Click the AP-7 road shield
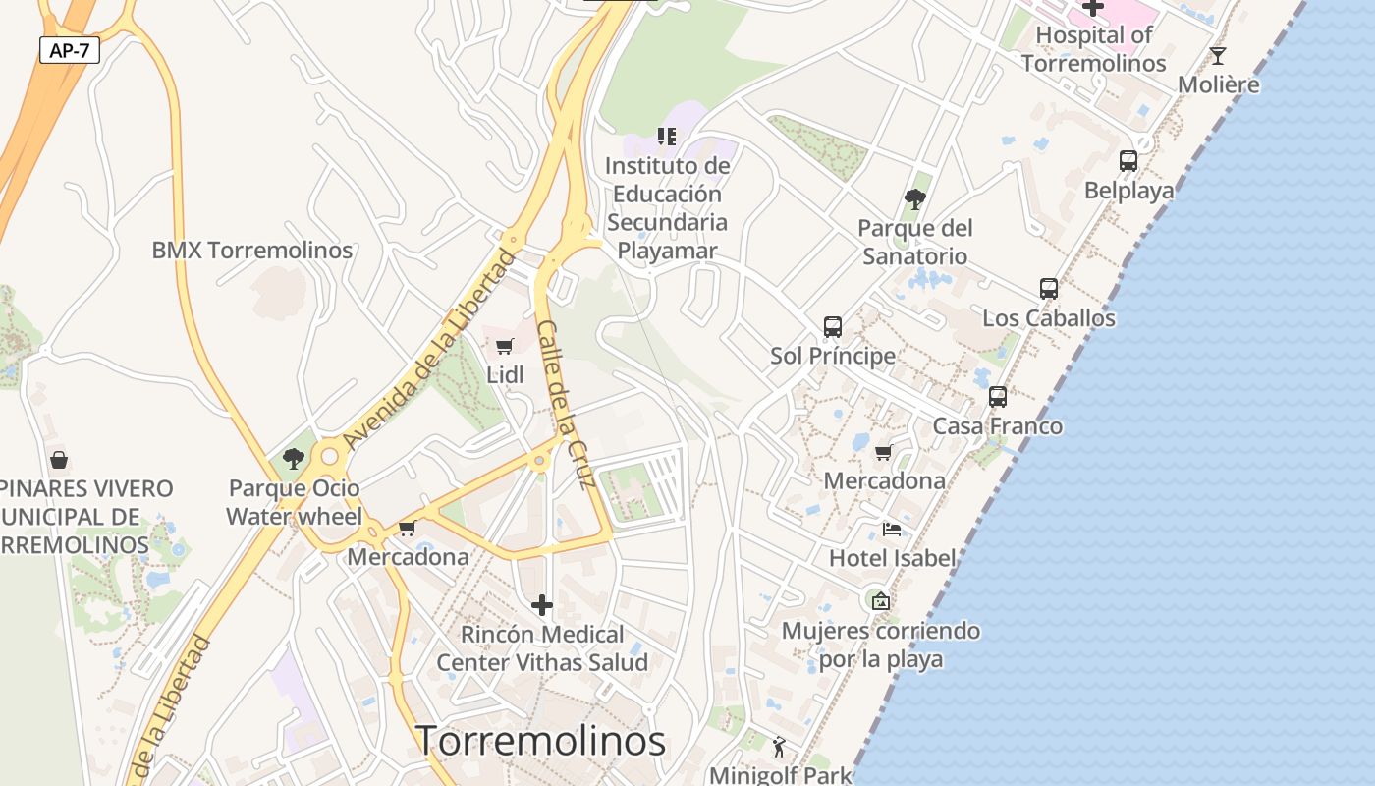point(70,50)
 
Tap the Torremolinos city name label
point(541,740)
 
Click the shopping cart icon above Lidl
point(505,346)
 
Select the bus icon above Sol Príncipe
point(833,327)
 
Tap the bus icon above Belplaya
point(1128,160)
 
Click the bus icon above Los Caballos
point(1049,289)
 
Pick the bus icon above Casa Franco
point(998,397)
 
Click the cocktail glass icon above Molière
point(1218,55)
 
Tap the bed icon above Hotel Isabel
point(892,530)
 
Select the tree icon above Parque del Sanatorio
point(914,199)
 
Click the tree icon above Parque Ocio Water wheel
point(293,458)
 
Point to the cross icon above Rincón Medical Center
point(541,605)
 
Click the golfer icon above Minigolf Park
point(780,748)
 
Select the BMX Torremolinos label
point(251,250)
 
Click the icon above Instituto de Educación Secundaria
point(667,137)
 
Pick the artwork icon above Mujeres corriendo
point(881,601)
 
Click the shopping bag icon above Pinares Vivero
point(59,459)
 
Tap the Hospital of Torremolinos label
point(1093,49)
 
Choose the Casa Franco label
point(997,426)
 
